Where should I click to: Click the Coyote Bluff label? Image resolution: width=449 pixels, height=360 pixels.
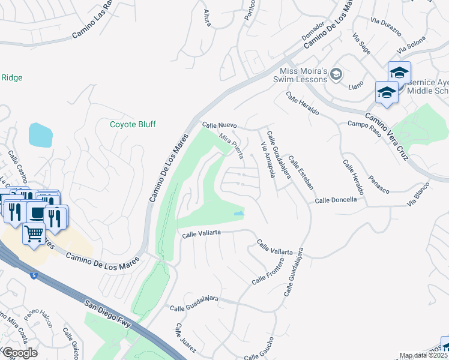(x=133, y=124)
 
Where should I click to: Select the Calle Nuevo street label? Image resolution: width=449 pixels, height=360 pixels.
(x=220, y=125)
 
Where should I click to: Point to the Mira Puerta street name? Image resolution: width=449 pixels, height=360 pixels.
(x=231, y=146)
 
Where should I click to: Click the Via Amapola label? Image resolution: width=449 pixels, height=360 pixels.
(x=268, y=160)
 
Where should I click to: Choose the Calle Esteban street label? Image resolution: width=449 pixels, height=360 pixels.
(x=301, y=172)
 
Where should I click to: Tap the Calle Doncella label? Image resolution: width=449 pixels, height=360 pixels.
(x=339, y=200)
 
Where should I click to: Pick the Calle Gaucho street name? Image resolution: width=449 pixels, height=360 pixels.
(x=259, y=349)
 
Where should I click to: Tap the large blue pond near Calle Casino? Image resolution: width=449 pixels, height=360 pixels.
(x=40, y=135)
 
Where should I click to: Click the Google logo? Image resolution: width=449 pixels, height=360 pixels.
(x=19, y=352)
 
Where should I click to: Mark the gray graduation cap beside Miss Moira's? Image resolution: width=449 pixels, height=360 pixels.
(x=336, y=74)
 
